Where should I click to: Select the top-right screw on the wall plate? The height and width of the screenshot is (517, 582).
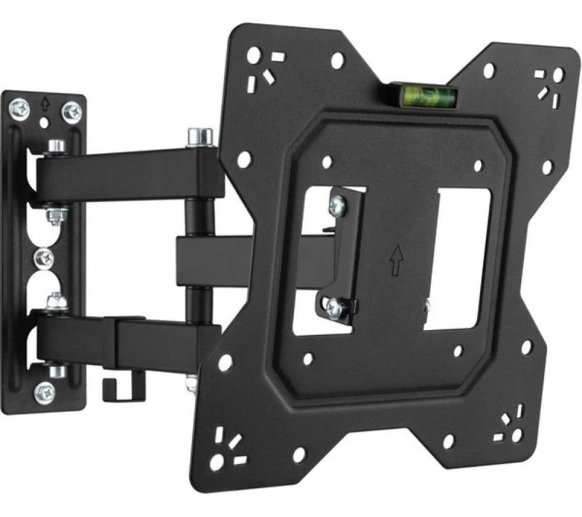click(x=71, y=111)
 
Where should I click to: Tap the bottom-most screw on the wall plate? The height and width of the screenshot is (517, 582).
click(x=46, y=390)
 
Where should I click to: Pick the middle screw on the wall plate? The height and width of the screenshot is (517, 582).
click(x=46, y=257)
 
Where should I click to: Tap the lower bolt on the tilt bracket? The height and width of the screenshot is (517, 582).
click(x=334, y=307)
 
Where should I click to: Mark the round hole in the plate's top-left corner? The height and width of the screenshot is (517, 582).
click(x=253, y=55)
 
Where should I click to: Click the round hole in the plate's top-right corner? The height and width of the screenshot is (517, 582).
click(x=558, y=74)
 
